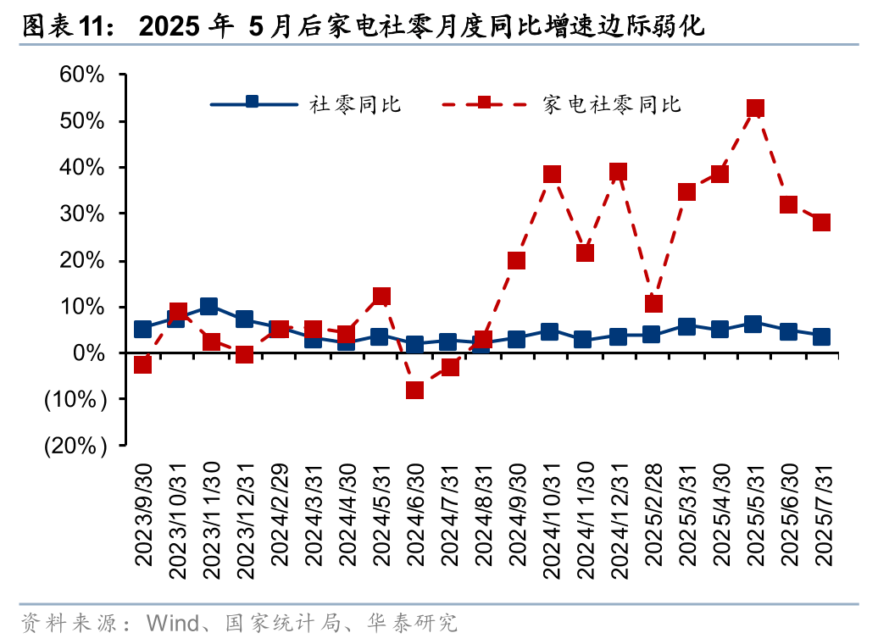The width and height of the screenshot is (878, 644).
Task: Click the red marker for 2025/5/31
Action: [755, 108]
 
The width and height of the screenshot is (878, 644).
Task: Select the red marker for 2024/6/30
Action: [414, 390]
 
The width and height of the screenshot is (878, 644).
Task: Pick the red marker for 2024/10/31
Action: [552, 175]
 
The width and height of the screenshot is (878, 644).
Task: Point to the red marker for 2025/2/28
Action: [653, 303]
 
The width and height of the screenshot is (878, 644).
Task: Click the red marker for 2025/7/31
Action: [821, 223]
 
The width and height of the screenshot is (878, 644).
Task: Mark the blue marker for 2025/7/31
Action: [821, 337]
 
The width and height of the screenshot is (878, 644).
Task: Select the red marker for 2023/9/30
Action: [142, 364]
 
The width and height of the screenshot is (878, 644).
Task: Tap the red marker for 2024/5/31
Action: [381, 297]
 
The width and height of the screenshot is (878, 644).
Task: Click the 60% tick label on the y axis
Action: [82, 75]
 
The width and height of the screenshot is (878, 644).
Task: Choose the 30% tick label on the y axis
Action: [82, 214]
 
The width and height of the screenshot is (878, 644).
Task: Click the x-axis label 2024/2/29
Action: [279, 520]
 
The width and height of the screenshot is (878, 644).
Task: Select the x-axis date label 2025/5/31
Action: [755, 520]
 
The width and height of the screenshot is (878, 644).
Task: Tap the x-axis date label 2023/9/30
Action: [143, 520]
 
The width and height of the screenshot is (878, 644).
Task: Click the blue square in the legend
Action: [252, 102]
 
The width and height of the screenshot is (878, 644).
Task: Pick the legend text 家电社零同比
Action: [613, 104]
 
